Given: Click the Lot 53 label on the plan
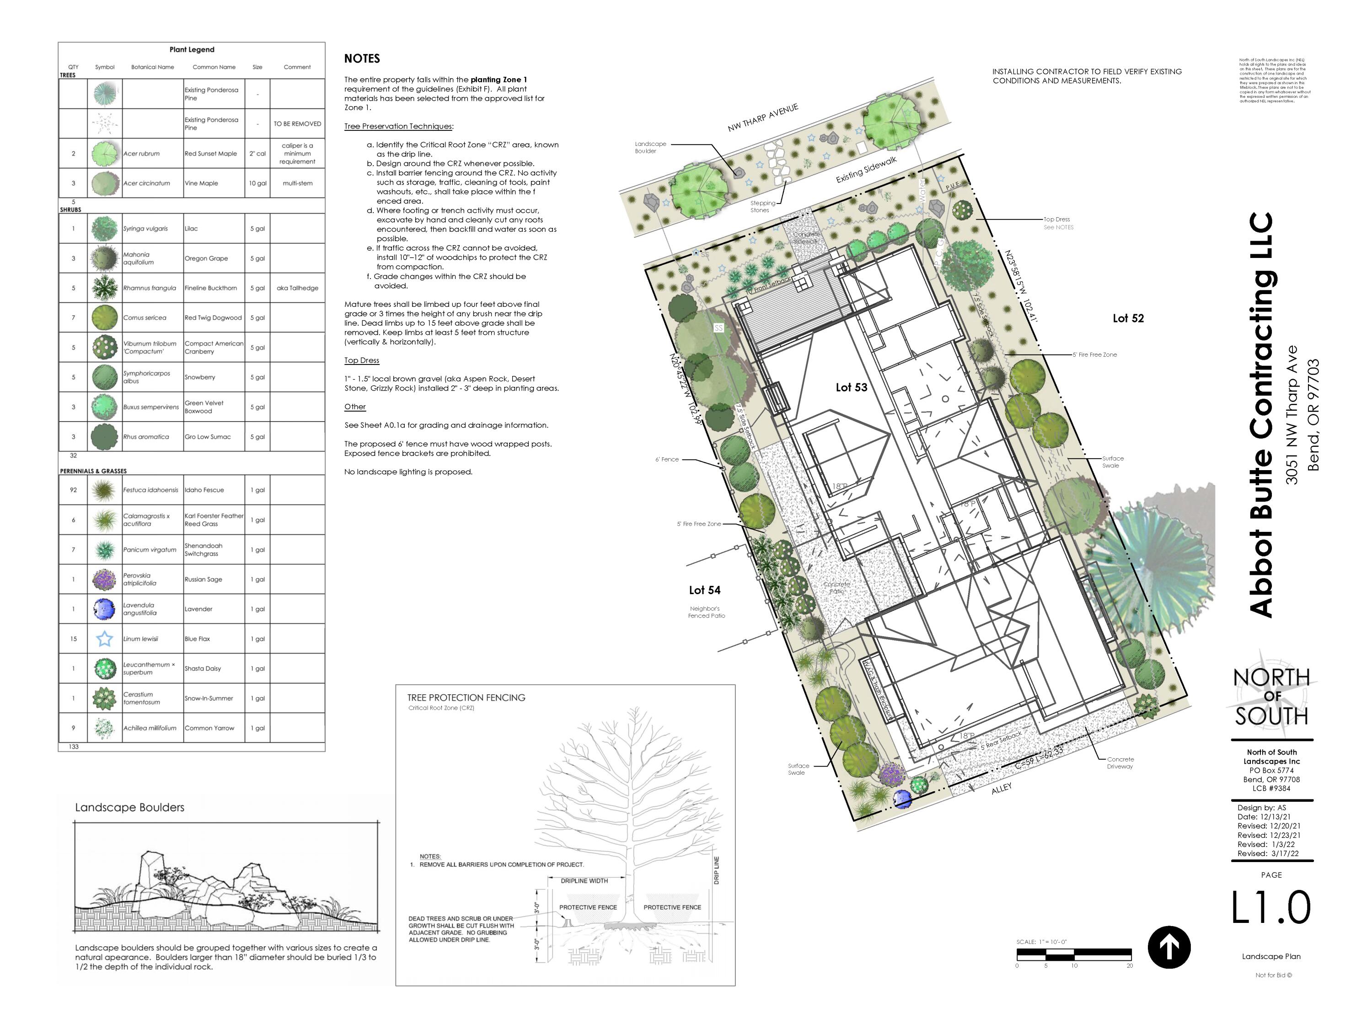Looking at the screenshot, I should point(851,387).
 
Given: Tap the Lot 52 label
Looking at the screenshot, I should point(1128,318).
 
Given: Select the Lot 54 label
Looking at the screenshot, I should point(705,590).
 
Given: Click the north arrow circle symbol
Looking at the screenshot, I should point(1168,947).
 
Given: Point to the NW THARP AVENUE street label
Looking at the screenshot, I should point(762,118).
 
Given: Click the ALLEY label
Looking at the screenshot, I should point(1001,788).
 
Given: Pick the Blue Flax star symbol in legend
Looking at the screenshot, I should point(105,638).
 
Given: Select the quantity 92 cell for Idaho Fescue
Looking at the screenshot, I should point(73,490).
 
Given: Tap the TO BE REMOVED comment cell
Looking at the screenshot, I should point(297,124).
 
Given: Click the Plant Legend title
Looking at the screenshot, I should point(192,49).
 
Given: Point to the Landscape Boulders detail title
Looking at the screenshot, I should point(129,807).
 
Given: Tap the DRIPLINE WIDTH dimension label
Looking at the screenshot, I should point(584,881).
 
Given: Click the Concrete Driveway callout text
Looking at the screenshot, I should point(1120,763).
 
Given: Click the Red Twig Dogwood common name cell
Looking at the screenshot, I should point(213,317).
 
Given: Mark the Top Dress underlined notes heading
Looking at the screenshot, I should point(362,360).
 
